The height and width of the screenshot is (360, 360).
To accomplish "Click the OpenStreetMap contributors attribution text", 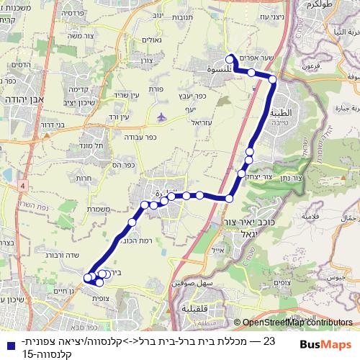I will coord(297,323).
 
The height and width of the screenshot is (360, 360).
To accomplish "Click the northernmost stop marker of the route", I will coord(230,60).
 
